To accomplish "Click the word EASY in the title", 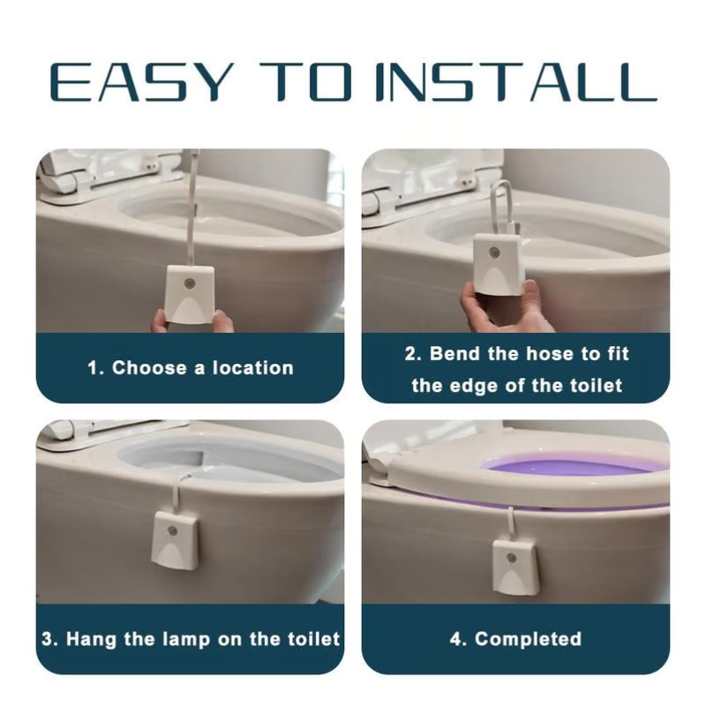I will [141, 82].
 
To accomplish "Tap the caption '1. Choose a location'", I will [190, 368].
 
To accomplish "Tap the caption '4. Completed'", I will [515, 638].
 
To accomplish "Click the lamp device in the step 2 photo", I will [500, 266].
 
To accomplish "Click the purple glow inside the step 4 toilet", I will [565, 468].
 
